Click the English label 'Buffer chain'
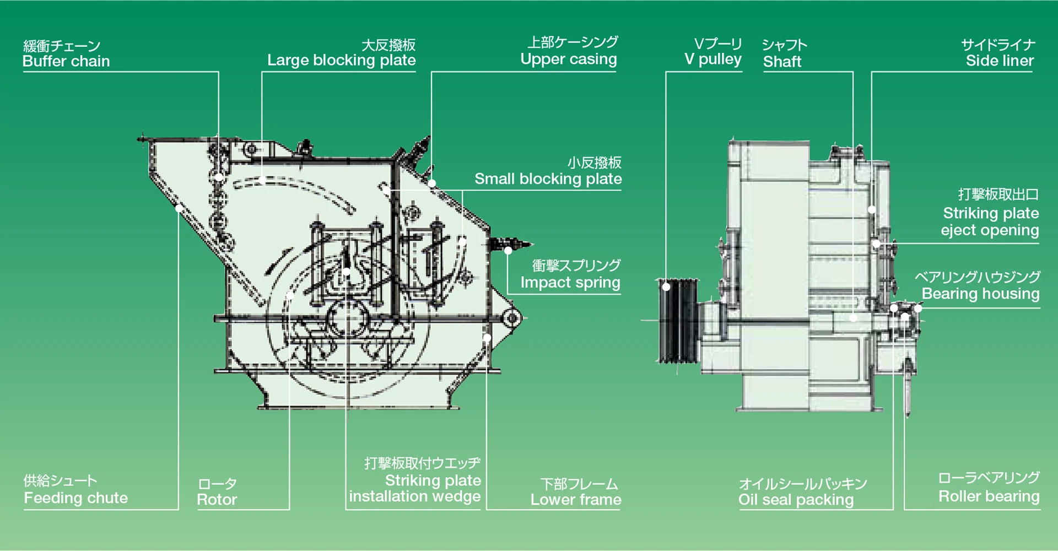[66, 61]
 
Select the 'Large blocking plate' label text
[341, 60]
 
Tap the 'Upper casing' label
[568, 59]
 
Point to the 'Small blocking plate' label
[548, 179]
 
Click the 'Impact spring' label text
[570, 283]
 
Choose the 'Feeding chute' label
[75, 498]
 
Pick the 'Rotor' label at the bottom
[217, 500]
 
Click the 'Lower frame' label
[575, 500]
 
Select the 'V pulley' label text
[712, 59]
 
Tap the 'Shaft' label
[782, 62]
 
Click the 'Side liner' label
[1000, 61]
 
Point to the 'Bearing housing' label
[980, 294]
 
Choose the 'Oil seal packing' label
[796, 500]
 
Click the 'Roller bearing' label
[989, 496]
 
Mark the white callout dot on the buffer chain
[219, 177]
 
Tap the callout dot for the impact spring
[508, 251]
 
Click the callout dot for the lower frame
[487, 338]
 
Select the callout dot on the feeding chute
[179, 208]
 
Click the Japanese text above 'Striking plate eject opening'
[998, 195]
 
